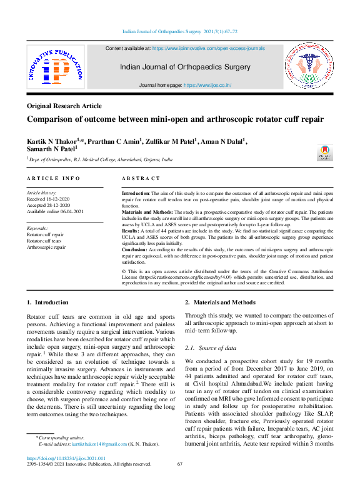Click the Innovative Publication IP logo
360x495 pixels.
[55, 67]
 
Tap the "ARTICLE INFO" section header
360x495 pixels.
[54, 179]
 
